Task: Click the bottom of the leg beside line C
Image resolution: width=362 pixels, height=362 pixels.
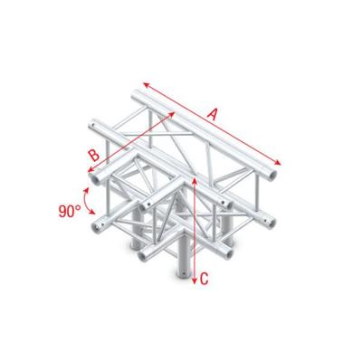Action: (185, 271)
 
